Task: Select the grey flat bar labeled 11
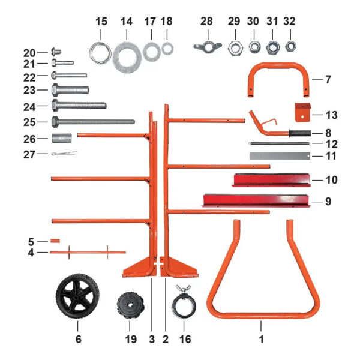coord(280,155)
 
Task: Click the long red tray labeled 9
coord(257,200)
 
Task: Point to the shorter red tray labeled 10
coord(270,179)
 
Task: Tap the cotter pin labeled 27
coord(62,154)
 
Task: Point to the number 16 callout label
coord(185,339)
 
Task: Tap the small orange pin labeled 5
coord(55,241)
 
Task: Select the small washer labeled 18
coord(167,47)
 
